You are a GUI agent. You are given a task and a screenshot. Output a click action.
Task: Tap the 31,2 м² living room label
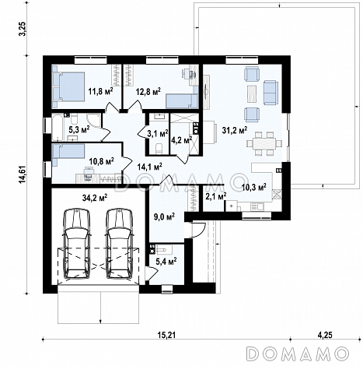pos(235,130)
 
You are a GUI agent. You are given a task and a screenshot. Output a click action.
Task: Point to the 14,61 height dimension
pos(23,174)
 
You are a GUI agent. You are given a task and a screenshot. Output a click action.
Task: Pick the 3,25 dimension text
pos(23,29)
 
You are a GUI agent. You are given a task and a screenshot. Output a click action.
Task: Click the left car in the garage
pos(77,244)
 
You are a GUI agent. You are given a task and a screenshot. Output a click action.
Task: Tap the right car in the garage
pos(119,244)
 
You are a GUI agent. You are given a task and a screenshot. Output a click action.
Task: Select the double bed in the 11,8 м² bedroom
pos(68,86)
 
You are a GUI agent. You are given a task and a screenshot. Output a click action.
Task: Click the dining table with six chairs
pos(264,143)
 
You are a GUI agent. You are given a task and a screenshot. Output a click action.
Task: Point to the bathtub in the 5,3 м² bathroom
pos(58,127)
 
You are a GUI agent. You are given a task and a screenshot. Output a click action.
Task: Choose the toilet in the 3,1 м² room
pos(159,149)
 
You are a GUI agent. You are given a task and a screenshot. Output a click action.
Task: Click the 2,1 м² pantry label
pos(216,196)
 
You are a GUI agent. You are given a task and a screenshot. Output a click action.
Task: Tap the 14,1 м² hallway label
pos(150,167)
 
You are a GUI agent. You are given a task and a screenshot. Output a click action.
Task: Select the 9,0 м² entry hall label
pos(164,216)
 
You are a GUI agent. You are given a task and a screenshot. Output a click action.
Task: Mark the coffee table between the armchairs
pos(252,94)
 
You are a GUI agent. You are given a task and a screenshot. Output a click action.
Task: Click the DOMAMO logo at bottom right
pos(298,354)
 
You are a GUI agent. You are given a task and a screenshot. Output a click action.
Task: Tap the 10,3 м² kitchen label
pos(253,187)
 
